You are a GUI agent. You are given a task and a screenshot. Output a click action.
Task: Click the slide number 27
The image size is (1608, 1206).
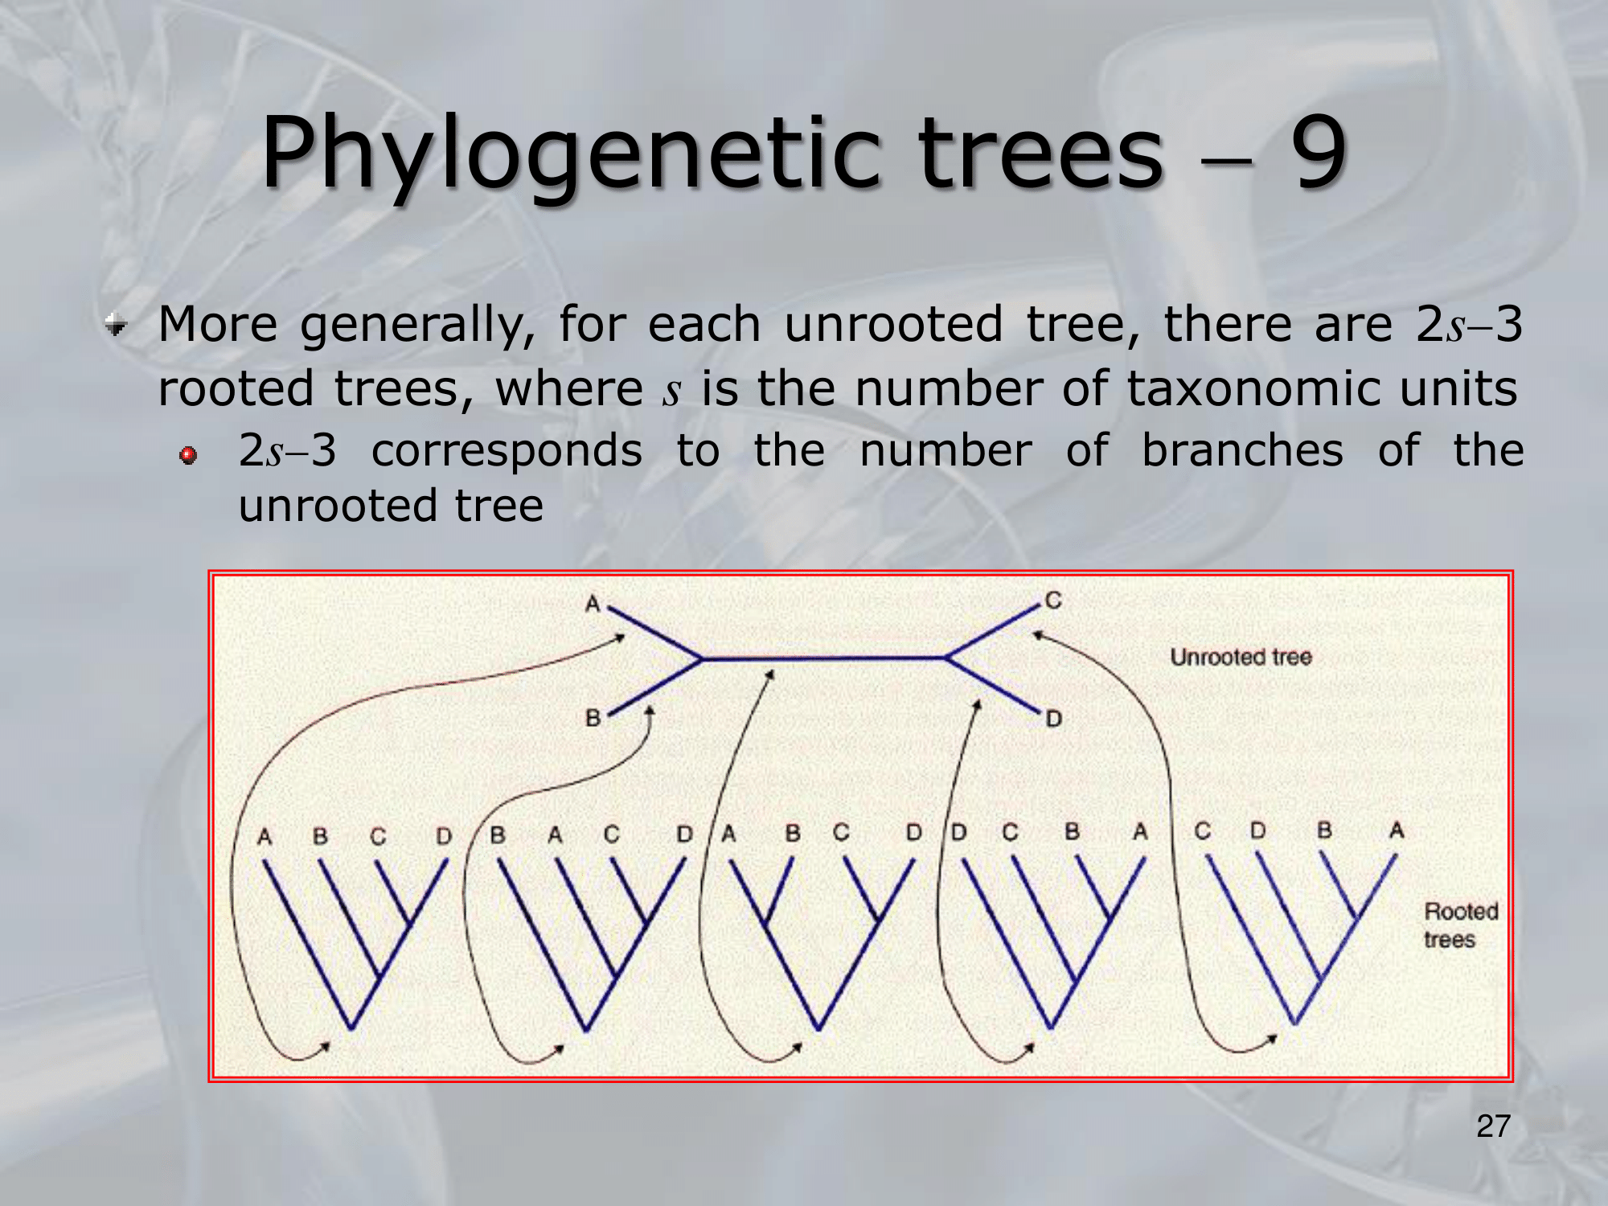point(1494,1126)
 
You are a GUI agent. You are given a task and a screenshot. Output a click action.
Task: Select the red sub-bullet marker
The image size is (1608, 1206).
point(188,456)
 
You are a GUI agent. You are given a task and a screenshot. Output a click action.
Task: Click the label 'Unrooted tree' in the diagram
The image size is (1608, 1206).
point(1241,657)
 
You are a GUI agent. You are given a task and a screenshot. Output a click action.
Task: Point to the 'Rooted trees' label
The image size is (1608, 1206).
point(1461,925)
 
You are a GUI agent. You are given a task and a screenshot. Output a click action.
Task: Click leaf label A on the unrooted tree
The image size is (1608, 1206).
point(593,603)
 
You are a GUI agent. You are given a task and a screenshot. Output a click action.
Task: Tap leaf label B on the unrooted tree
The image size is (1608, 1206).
point(593,717)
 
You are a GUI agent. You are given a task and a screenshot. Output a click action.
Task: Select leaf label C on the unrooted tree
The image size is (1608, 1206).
point(1053,600)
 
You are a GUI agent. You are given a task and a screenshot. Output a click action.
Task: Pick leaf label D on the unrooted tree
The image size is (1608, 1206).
point(1053,718)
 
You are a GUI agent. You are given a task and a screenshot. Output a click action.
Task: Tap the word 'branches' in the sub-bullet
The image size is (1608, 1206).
point(1242,449)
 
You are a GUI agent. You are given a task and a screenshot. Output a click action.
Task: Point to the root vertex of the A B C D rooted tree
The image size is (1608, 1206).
point(351,1028)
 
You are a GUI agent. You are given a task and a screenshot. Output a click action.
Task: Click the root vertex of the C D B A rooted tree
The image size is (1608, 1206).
point(1294,1023)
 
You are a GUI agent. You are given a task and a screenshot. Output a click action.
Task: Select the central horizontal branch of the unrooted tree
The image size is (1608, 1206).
point(824,658)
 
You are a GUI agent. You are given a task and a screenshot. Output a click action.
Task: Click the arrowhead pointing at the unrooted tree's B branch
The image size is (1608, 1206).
point(650,711)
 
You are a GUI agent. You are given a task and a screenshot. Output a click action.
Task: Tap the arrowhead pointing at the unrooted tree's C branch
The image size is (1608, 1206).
point(1038,635)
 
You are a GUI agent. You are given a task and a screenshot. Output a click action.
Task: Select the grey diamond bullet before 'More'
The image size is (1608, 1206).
point(117,326)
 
